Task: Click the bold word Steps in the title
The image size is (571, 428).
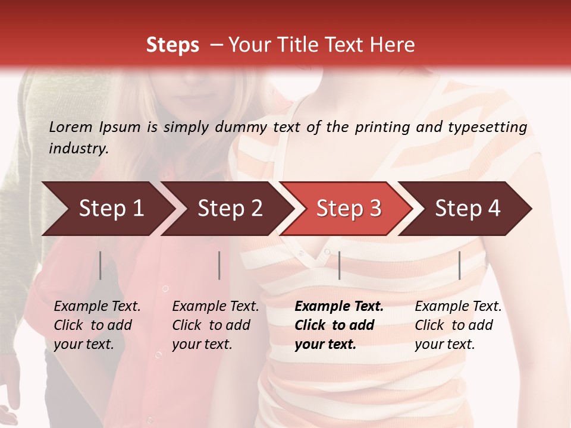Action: (172, 45)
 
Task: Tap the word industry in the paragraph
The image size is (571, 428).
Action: (78, 149)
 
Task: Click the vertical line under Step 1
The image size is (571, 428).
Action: (100, 265)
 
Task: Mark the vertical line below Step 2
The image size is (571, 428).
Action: (219, 265)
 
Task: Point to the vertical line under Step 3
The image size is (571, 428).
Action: (339, 265)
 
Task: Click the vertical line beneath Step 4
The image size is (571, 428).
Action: (459, 265)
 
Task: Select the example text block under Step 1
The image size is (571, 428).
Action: (97, 325)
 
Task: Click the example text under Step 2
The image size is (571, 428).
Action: (215, 325)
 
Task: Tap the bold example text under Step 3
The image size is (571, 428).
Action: (339, 325)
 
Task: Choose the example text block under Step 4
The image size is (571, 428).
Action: (458, 325)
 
